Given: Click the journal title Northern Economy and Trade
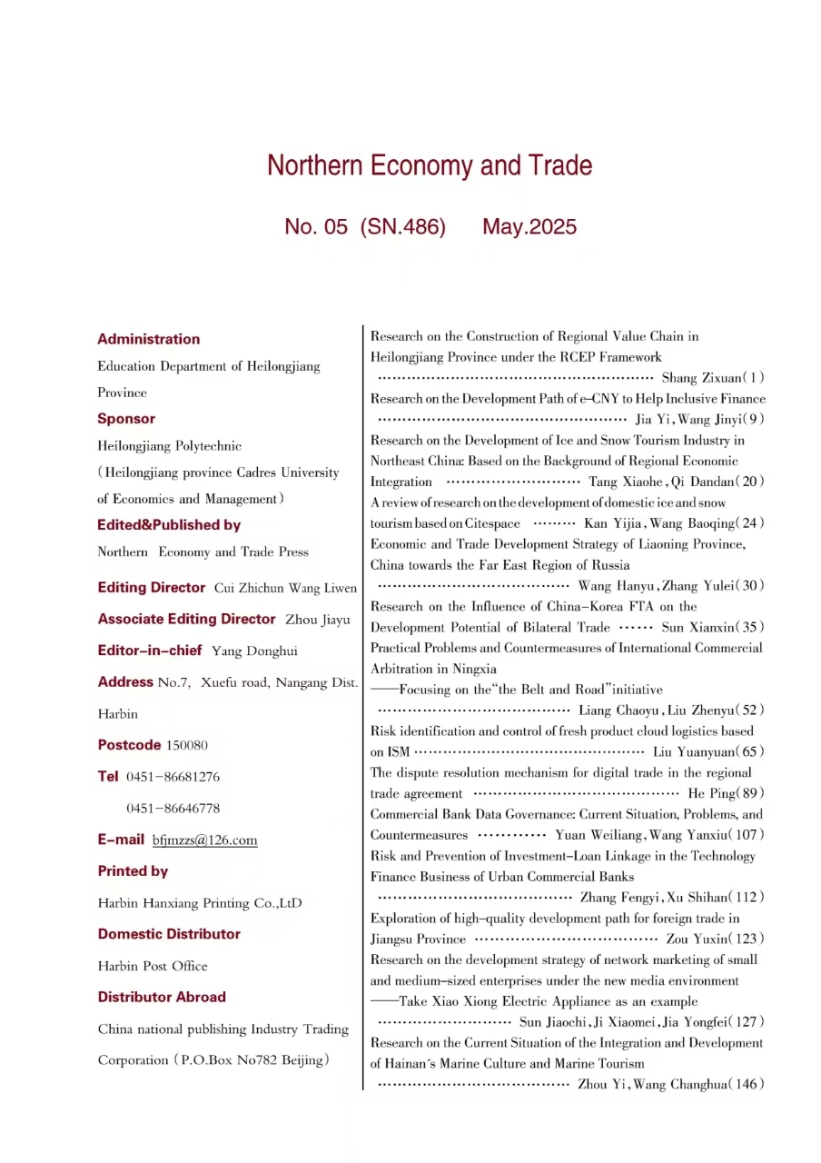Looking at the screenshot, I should click(429, 166).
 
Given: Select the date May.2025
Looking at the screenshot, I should click(529, 227).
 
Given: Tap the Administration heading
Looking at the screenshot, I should click(148, 339).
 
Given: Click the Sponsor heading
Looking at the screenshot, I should click(126, 419).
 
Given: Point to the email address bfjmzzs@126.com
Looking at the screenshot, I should click(204, 840).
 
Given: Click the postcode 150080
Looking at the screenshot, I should click(186, 745).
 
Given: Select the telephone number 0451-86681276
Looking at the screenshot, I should click(173, 777).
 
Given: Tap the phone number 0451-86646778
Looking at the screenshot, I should click(173, 808).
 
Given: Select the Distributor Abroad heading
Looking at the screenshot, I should click(162, 997).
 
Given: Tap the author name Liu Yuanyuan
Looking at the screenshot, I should click(694, 751).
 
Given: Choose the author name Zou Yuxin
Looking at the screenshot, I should click(698, 939).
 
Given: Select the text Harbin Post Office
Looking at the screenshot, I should click(153, 966).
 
